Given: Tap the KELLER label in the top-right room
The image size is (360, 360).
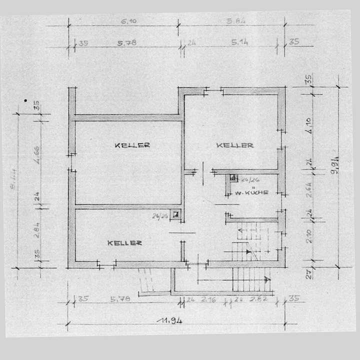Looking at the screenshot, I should (x=235, y=145).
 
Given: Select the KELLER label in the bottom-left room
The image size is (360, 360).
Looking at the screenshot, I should (x=125, y=243).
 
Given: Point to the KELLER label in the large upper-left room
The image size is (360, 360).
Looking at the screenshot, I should (x=132, y=145).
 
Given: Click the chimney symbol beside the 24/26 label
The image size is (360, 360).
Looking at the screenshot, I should (x=233, y=177).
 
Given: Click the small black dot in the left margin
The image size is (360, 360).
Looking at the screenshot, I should (x=25, y=100).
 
